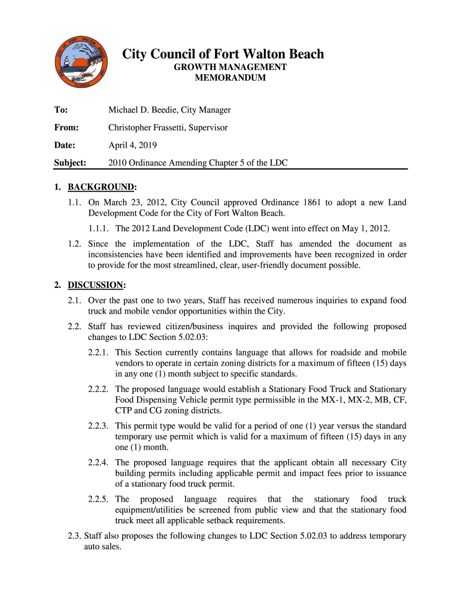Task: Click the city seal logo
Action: pyautogui.click(x=81, y=60)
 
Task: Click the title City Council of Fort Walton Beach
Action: pyautogui.click(x=223, y=54)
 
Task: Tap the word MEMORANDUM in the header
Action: pyautogui.click(x=230, y=78)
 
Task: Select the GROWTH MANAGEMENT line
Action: pyautogui.click(x=230, y=67)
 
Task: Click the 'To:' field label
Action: pyautogui.click(x=60, y=110)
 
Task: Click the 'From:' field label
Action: pyautogui.click(x=66, y=128)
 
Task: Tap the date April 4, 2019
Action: pyautogui.click(x=133, y=145)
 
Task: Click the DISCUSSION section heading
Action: pyautogui.click(x=95, y=284)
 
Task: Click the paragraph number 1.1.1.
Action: pyautogui.click(x=99, y=228)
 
